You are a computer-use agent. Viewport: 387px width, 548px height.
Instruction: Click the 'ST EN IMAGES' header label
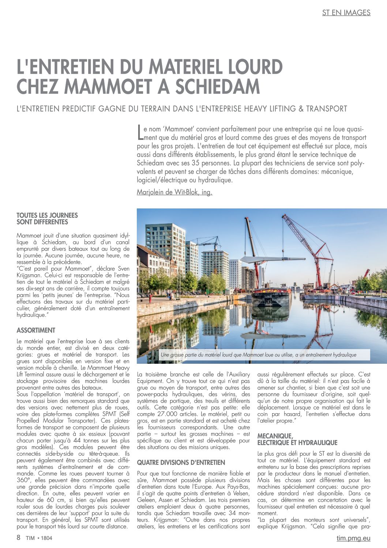pyautogui.click(x=346, y=12)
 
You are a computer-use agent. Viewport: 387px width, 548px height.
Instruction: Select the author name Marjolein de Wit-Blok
pyautogui.click(x=174, y=192)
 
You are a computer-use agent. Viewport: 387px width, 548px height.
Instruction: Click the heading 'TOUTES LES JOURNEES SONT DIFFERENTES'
pyautogui.click(x=47, y=219)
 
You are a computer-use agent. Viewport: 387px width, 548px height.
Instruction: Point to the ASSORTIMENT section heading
pyautogui.click(x=36, y=330)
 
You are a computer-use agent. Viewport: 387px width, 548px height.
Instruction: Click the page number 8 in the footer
pyautogui.click(x=19, y=538)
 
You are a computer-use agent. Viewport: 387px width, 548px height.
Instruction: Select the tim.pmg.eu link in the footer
pyautogui.click(x=353, y=538)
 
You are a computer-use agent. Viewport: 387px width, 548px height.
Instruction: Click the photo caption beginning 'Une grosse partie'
pyautogui.click(x=258, y=355)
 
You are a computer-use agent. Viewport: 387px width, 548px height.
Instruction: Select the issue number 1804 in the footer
pyautogui.click(x=46, y=538)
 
